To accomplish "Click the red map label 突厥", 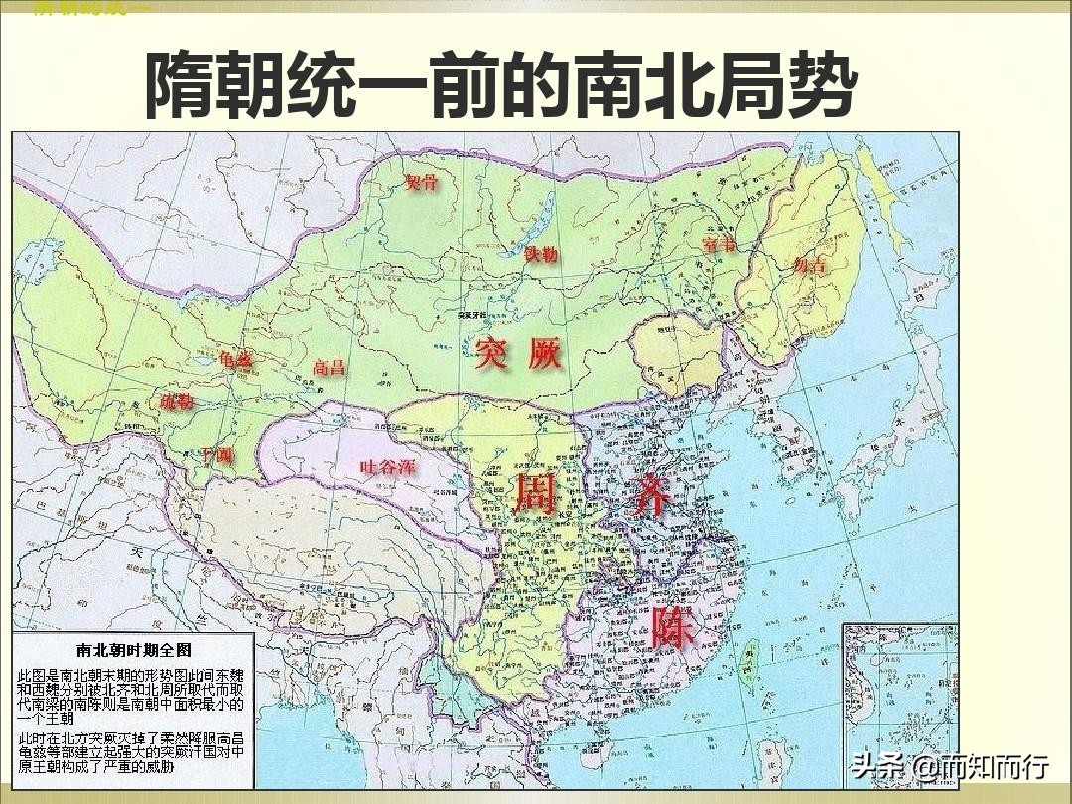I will pyautogui.click(x=518, y=354).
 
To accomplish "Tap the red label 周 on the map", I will pyautogui.click(x=535, y=492).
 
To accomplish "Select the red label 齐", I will pyautogui.click(x=653, y=492).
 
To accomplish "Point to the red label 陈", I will pyautogui.click(x=674, y=627).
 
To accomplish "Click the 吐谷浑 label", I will pyautogui.click(x=388, y=468).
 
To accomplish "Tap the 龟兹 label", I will pyautogui.click(x=236, y=361).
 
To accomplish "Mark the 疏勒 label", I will pyautogui.click(x=177, y=402).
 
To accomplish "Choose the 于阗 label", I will pyautogui.click(x=216, y=456).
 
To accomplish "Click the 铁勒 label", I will pyautogui.click(x=541, y=254).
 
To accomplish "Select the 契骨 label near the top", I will pyautogui.click(x=421, y=182).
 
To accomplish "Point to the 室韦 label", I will pyautogui.click(x=719, y=244).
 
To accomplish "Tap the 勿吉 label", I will pyautogui.click(x=810, y=265).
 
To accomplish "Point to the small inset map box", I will pyautogui.click(x=898, y=701).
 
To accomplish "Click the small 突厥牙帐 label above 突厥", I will pyautogui.click(x=475, y=316).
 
